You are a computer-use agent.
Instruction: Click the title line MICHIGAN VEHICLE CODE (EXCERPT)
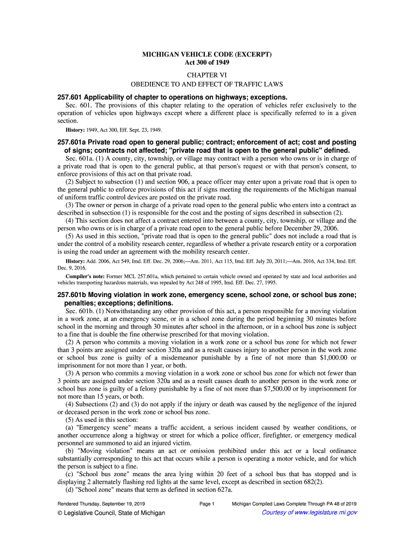pyautogui.click(x=207, y=55)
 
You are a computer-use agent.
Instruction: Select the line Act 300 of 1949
pyautogui.click(x=207, y=62)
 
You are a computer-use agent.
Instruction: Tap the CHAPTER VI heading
pyautogui.click(x=207, y=74)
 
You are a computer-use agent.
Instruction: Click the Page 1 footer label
pyautogui.click(x=207, y=504)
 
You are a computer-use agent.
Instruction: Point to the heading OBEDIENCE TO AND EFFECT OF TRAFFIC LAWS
pyautogui.click(x=207, y=85)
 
